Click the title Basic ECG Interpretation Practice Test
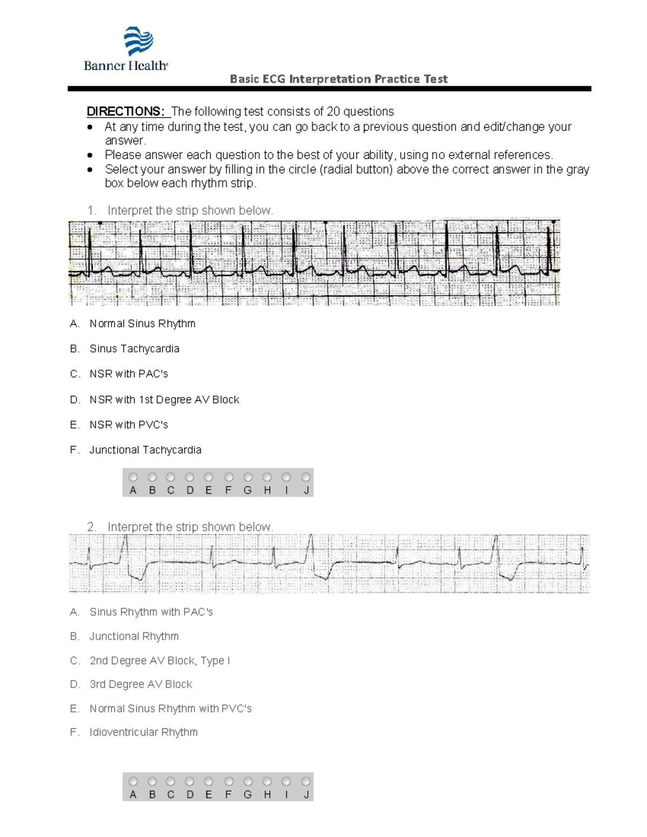tap(339, 79)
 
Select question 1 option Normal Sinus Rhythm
tap(142, 323)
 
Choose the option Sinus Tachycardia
tap(134, 349)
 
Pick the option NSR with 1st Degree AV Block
tap(164, 399)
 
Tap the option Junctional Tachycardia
tap(145, 449)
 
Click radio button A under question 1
tap(133, 477)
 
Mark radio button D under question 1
tap(189, 477)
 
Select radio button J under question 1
tap(306, 477)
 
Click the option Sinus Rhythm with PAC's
tap(151, 612)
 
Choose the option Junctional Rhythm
tap(134, 636)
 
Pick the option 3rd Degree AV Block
tap(141, 684)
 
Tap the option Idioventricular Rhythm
tap(143, 732)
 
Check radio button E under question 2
tap(209, 781)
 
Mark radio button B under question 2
tap(152, 781)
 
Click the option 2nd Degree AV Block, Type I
tap(160, 660)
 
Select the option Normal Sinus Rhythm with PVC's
tap(170, 708)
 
